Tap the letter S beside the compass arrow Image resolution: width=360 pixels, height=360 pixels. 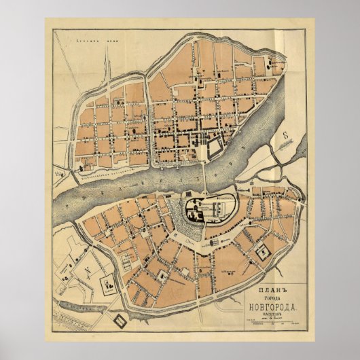287,134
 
